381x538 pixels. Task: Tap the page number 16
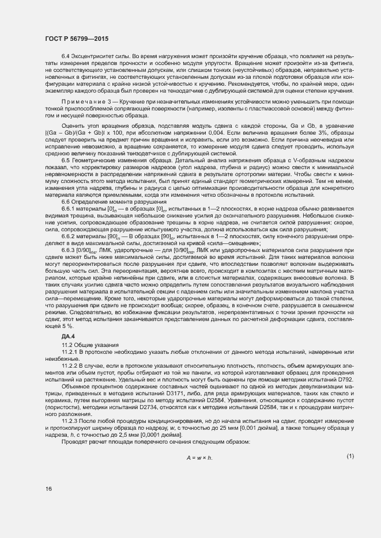point(48,489)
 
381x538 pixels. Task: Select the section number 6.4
point(66,55)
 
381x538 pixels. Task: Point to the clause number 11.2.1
point(69,351)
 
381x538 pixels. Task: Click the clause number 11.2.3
point(69,422)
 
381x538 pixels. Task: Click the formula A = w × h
point(199,457)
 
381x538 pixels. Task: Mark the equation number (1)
point(350,456)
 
